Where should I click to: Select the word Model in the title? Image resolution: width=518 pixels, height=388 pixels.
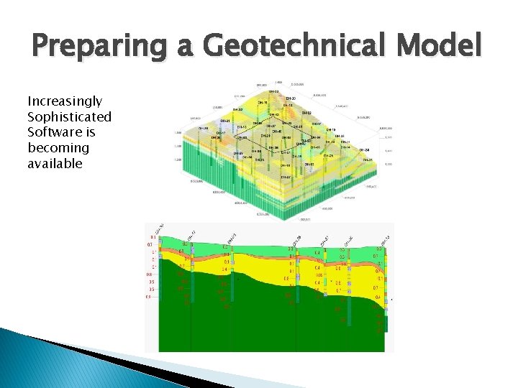(441, 45)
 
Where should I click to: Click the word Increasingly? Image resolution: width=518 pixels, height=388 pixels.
(65, 101)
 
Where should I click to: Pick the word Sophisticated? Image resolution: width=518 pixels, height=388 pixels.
(69, 117)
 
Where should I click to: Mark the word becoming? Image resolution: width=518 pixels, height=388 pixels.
(58, 148)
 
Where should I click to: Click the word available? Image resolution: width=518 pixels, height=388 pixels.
(55, 164)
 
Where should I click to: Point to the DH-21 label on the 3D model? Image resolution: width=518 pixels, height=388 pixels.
(225, 121)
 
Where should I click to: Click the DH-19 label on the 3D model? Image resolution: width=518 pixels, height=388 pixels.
(330, 129)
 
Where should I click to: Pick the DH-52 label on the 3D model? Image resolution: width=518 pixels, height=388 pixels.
(309, 164)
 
